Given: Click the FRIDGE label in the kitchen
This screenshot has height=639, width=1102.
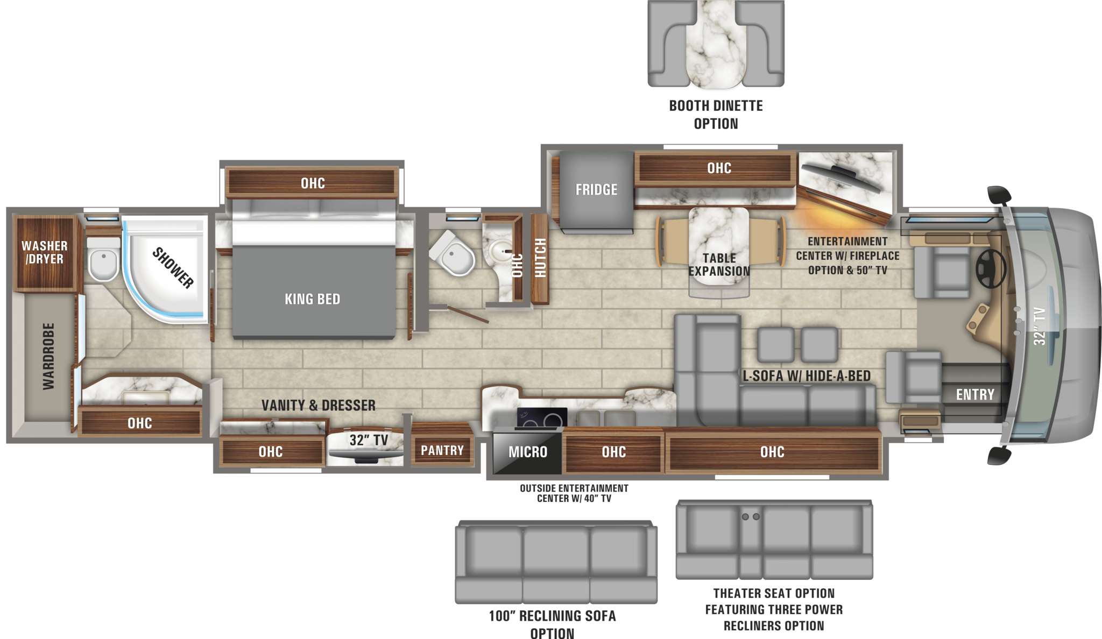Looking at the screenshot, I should point(596,190).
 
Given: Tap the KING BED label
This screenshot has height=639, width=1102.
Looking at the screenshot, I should point(312,299).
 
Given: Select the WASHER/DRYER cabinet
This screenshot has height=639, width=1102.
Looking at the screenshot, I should point(45,252).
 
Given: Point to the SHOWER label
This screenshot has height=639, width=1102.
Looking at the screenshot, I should point(173,267).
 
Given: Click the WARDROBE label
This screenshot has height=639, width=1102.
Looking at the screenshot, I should point(48,356).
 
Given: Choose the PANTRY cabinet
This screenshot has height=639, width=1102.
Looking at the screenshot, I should point(442,450).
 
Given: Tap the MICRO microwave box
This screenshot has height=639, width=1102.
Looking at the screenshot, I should point(527,452).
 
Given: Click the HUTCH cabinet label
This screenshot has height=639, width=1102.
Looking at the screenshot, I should point(540,258).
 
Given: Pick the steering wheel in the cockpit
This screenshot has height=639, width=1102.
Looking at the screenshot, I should point(991,268).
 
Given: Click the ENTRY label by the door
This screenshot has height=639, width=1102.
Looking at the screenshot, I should point(975,395).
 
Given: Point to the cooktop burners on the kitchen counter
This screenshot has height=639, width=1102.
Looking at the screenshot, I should point(541,418).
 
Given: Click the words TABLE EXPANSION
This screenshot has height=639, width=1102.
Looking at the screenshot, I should point(719,265).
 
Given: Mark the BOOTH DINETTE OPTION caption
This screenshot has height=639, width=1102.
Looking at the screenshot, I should point(716,115).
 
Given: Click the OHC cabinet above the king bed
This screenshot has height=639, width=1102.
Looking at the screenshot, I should point(313,183).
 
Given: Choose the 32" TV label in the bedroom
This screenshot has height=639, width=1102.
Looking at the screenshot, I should point(369,441).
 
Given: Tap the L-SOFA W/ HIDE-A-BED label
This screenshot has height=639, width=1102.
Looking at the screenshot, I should point(806,376).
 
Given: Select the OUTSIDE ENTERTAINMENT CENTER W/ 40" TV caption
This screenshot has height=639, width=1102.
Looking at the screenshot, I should point(574,493).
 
